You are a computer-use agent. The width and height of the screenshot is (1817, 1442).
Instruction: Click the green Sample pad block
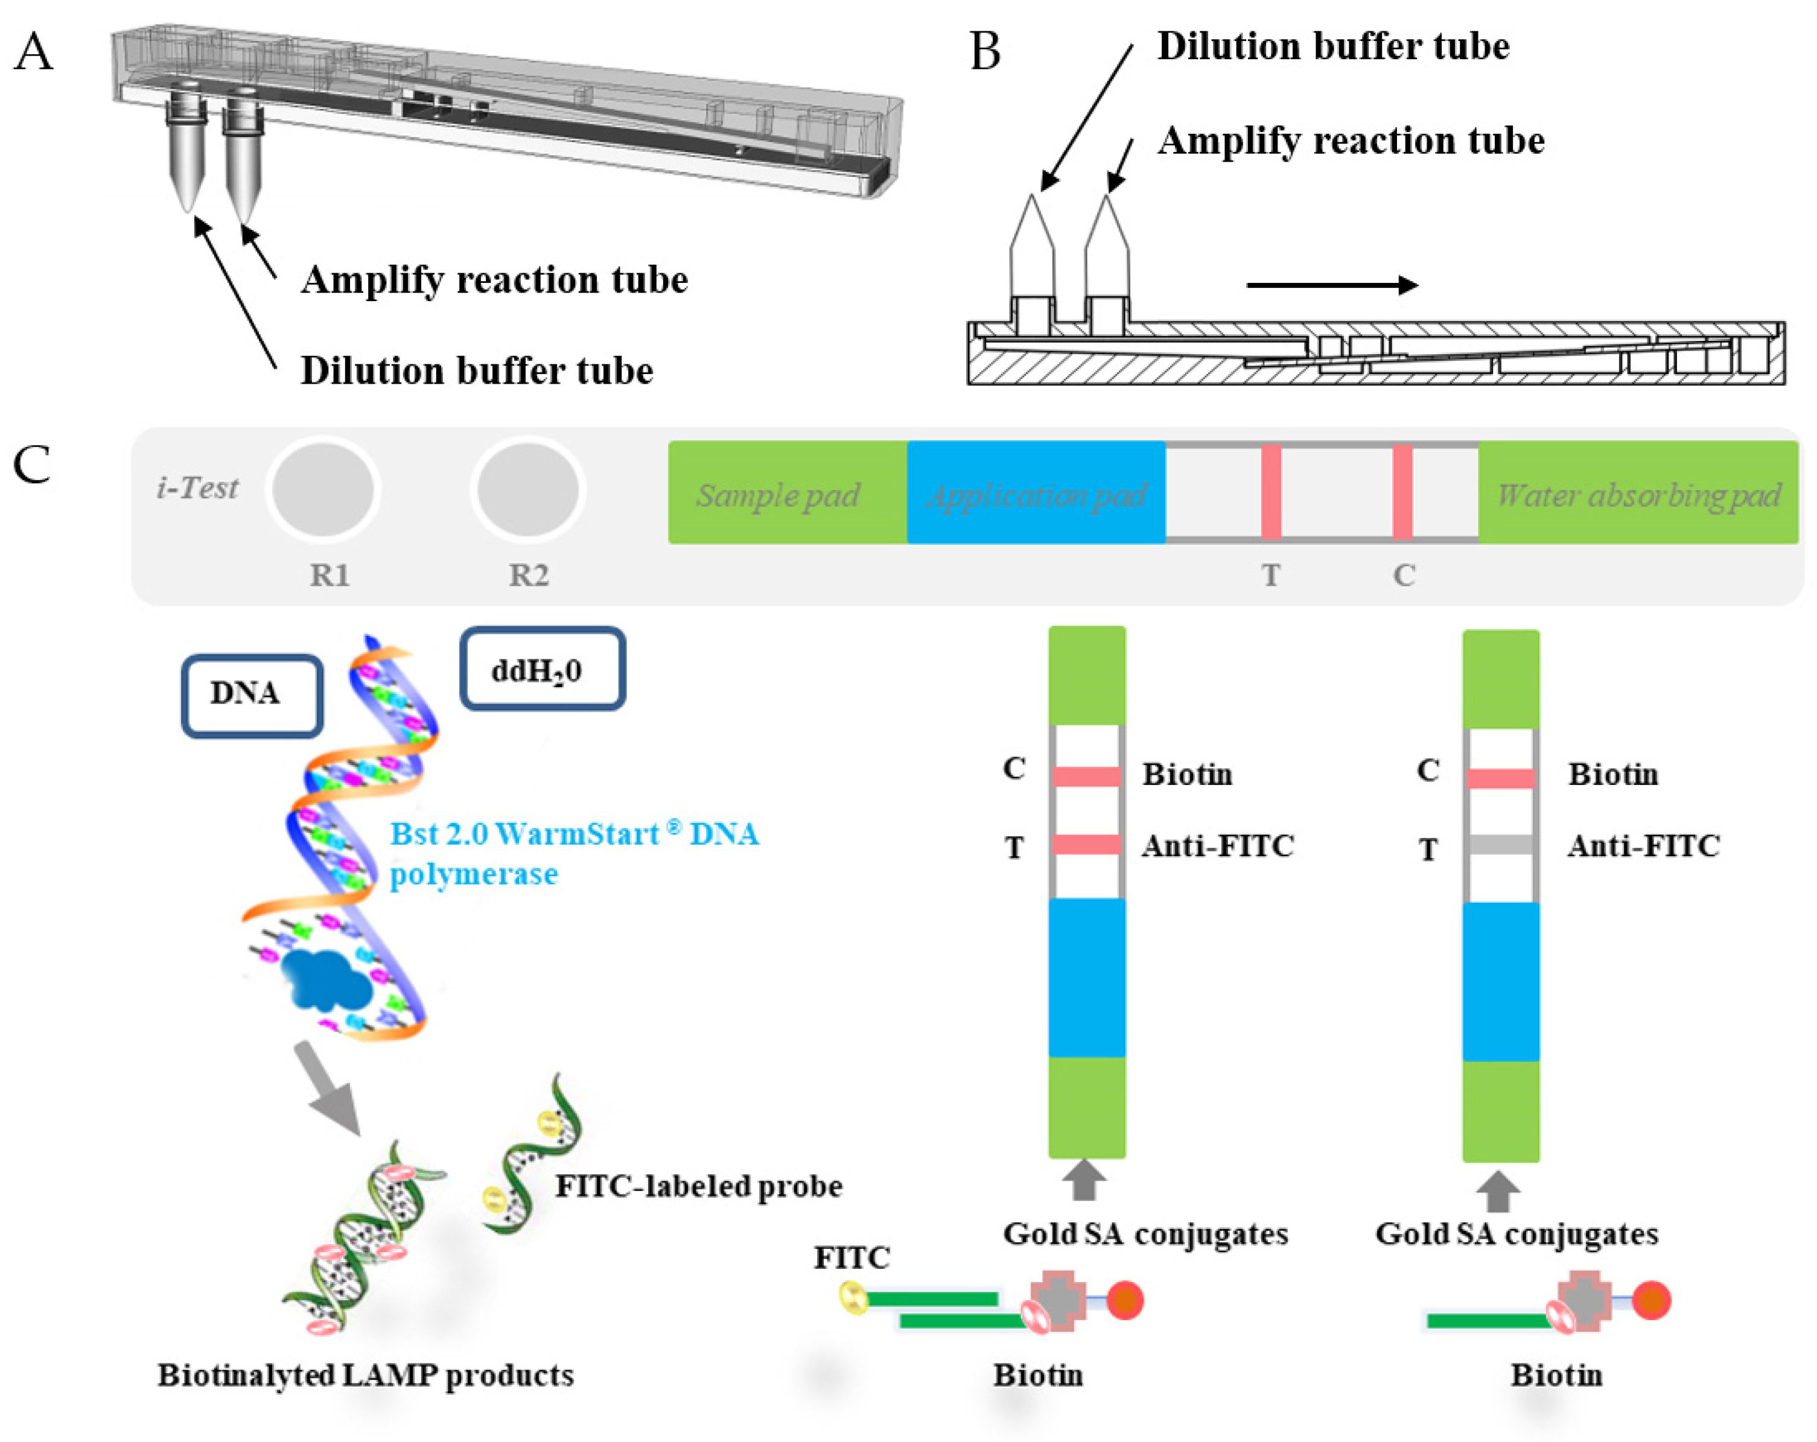(x=788, y=492)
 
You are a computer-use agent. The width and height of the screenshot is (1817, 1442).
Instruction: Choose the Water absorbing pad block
(x=1638, y=492)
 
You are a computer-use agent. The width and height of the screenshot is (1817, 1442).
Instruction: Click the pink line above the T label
(x=1271, y=492)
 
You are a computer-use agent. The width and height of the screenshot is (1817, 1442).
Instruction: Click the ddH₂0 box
(x=543, y=669)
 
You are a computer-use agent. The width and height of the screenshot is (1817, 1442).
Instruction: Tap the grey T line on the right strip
(x=1500, y=845)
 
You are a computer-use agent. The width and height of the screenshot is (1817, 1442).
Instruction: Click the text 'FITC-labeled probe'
(x=699, y=1186)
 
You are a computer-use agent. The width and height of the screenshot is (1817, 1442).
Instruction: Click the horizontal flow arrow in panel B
(x=1332, y=285)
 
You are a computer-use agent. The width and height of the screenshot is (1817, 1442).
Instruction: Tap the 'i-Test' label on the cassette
(x=197, y=487)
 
